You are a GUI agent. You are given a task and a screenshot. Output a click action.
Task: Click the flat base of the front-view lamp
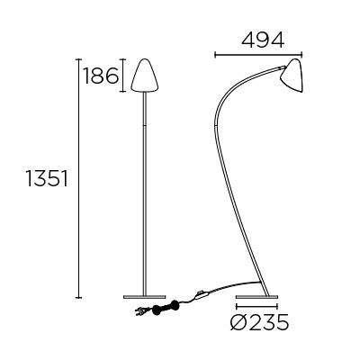point(144,295)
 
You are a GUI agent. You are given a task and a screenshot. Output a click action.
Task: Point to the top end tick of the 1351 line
point(79,58)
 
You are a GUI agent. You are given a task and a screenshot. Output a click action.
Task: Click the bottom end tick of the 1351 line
point(79,296)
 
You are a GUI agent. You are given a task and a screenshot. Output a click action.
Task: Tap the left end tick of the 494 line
point(216,56)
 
